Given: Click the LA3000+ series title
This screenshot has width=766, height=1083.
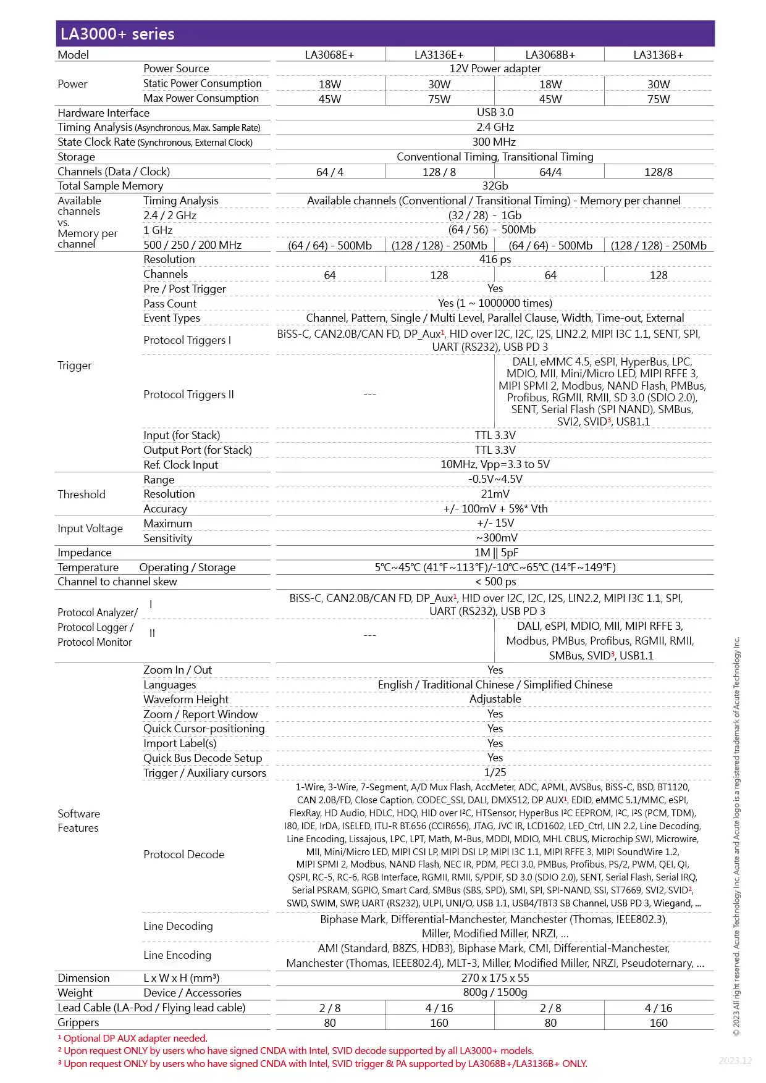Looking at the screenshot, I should coord(117,34).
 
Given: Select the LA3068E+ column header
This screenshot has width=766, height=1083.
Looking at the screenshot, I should coord(329,54).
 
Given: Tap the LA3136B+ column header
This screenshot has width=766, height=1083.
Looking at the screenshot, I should coord(658,54).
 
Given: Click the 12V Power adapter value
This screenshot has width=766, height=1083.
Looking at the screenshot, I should coord(495,69).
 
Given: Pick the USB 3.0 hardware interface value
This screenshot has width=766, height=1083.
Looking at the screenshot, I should coord(495,112).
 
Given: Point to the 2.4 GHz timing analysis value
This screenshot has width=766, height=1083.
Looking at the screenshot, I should coord(495,127).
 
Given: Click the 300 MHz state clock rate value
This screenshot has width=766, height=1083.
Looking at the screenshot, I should coord(495,142).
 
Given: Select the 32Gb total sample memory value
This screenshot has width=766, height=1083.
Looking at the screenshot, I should coord(495,186).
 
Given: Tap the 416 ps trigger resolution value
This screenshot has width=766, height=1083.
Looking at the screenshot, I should coord(495,259).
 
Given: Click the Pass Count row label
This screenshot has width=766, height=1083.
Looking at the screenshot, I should coord(170,304).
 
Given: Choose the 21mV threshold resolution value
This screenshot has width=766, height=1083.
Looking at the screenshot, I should coord(495,494).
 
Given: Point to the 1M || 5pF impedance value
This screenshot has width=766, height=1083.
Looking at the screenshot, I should coord(495,553).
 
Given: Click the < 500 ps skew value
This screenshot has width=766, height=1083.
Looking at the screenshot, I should coord(495,582).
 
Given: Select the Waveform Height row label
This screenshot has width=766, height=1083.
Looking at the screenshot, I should coord(186,700).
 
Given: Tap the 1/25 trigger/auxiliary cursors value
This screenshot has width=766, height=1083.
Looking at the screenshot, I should coord(495,772).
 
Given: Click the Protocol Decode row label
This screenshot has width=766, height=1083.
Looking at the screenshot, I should coord(183,855).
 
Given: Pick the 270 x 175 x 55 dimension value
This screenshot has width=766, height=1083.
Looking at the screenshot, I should coord(495,978).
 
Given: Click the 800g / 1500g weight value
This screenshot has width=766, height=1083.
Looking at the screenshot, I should coord(495,992).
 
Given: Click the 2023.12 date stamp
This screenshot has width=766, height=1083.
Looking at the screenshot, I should coord(735,1061).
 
